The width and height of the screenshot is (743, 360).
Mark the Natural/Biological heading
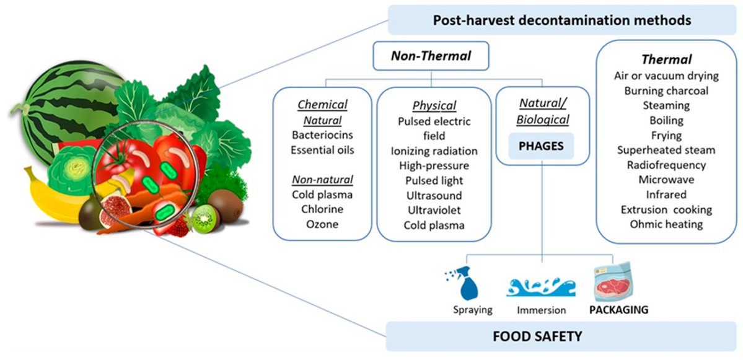pyautogui.click(x=543, y=112)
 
